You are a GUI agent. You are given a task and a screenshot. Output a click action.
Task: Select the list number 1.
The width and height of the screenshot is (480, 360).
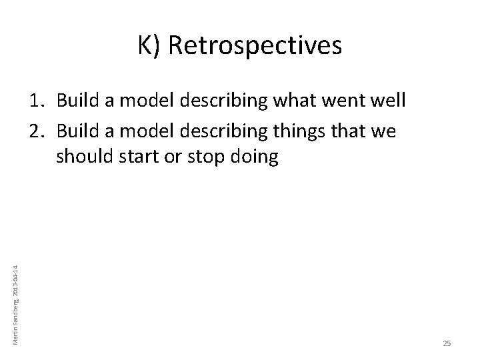(x=37, y=101)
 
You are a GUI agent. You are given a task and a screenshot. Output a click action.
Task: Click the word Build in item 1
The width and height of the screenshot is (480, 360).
(x=76, y=101)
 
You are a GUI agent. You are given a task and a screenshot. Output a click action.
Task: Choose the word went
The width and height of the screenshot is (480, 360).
(x=337, y=101)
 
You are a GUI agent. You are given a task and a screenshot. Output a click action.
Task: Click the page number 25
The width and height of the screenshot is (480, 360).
(x=447, y=343)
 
